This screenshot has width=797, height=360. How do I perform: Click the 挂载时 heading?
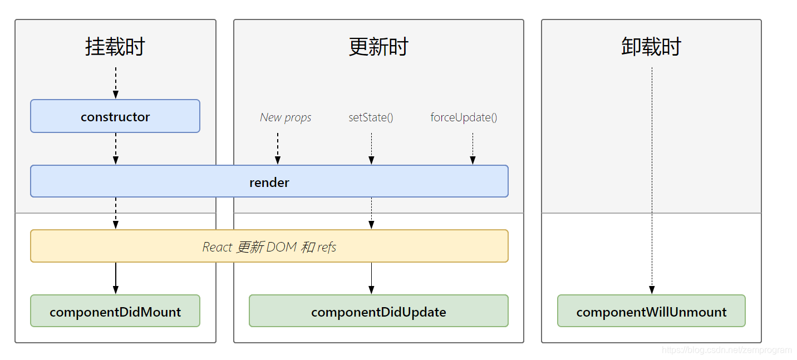tap(115, 47)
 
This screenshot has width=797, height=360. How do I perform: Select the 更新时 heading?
tap(378, 47)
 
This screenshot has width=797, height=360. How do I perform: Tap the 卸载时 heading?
tap(651, 47)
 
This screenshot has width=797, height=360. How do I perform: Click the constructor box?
tap(115, 116)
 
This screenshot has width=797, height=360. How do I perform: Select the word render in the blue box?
tap(269, 183)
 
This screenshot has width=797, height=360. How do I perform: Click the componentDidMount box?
tap(115, 312)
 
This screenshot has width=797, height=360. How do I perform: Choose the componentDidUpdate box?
tap(378, 312)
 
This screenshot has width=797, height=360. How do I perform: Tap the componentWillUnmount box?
tap(651, 312)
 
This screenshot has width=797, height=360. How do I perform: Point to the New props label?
tap(286, 117)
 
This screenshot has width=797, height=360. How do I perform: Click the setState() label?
tap(371, 117)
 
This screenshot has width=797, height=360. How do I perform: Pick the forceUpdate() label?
tap(464, 117)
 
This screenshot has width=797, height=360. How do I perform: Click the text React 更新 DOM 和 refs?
tap(269, 247)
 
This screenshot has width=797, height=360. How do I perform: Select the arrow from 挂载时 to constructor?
tap(115, 83)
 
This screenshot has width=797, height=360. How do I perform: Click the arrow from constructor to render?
tap(115, 149)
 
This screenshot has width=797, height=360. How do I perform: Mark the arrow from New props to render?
tap(278, 149)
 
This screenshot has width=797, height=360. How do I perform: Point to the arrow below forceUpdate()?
tap(473, 149)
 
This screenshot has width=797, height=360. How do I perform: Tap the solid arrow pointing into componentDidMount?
tap(115, 278)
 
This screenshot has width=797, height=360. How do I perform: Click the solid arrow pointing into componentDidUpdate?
tap(371, 278)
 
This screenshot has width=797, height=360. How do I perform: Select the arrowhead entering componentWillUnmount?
tap(652, 290)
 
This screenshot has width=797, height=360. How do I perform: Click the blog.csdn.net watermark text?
tap(726, 350)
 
